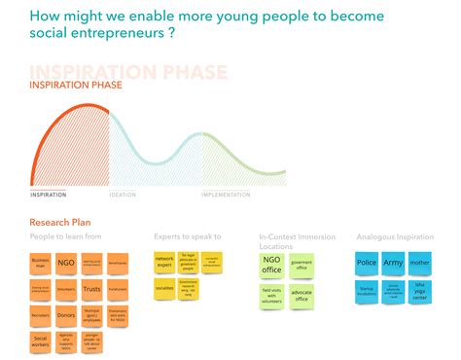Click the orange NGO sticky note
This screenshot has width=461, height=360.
(x=66, y=263)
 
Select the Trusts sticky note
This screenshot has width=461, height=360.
(x=91, y=289)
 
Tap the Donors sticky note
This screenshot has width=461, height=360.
(x=66, y=315)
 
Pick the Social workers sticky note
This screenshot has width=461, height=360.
(x=41, y=342)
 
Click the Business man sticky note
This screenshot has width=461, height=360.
(x=41, y=263)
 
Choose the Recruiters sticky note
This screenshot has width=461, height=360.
(x=41, y=315)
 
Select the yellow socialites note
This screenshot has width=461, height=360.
(x=164, y=289)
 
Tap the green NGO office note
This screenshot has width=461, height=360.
(x=272, y=265)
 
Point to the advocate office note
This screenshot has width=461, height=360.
(x=301, y=294)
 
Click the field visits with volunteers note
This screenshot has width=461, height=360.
(x=272, y=294)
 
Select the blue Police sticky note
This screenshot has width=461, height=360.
(x=368, y=263)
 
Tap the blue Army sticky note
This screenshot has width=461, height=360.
(x=393, y=263)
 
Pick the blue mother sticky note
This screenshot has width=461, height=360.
(x=418, y=263)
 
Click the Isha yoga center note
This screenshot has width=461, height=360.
(x=418, y=289)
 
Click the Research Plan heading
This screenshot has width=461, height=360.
(x=60, y=222)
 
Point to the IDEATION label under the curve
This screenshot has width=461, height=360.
(x=123, y=195)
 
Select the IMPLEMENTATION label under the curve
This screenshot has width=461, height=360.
(x=226, y=195)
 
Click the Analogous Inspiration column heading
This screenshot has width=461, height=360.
(x=394, y=236)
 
